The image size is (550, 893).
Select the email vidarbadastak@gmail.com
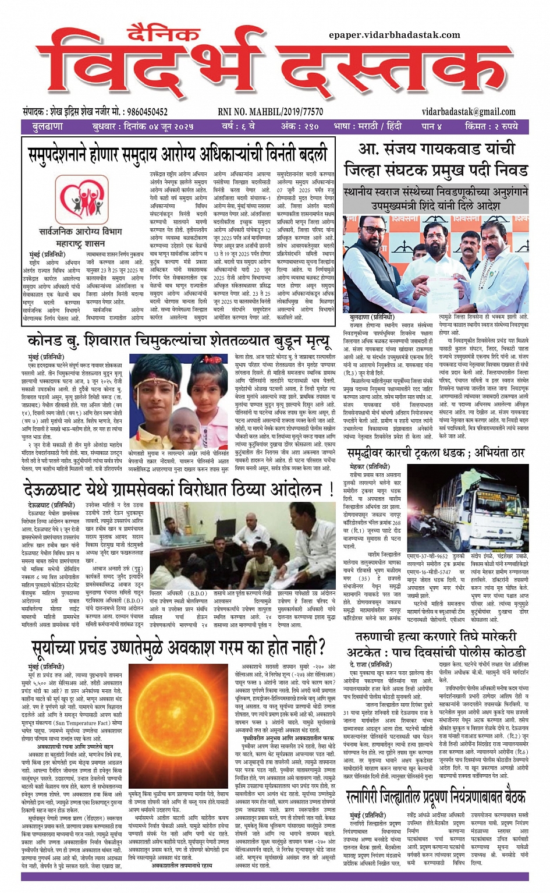click(469, 112)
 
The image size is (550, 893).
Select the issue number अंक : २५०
click(300, 126)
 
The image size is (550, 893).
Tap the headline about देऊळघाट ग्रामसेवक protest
click(178, 488)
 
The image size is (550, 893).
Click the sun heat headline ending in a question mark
click(178, 647)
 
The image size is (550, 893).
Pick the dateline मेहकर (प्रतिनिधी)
click(370, 466)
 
